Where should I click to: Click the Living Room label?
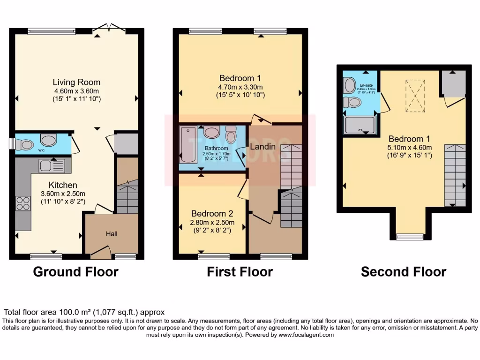point(76,82)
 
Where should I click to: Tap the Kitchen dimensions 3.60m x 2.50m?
point(63,194)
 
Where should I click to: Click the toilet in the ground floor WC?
point(27,144)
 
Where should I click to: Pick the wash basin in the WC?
point(48,140)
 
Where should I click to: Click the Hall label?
point(111,233)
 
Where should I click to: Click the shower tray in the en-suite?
point(359,125)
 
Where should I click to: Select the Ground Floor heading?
point(75,271)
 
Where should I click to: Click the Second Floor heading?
point(403,271)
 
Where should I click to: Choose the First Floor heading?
point(240,271)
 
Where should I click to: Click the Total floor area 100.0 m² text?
point(84,312)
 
